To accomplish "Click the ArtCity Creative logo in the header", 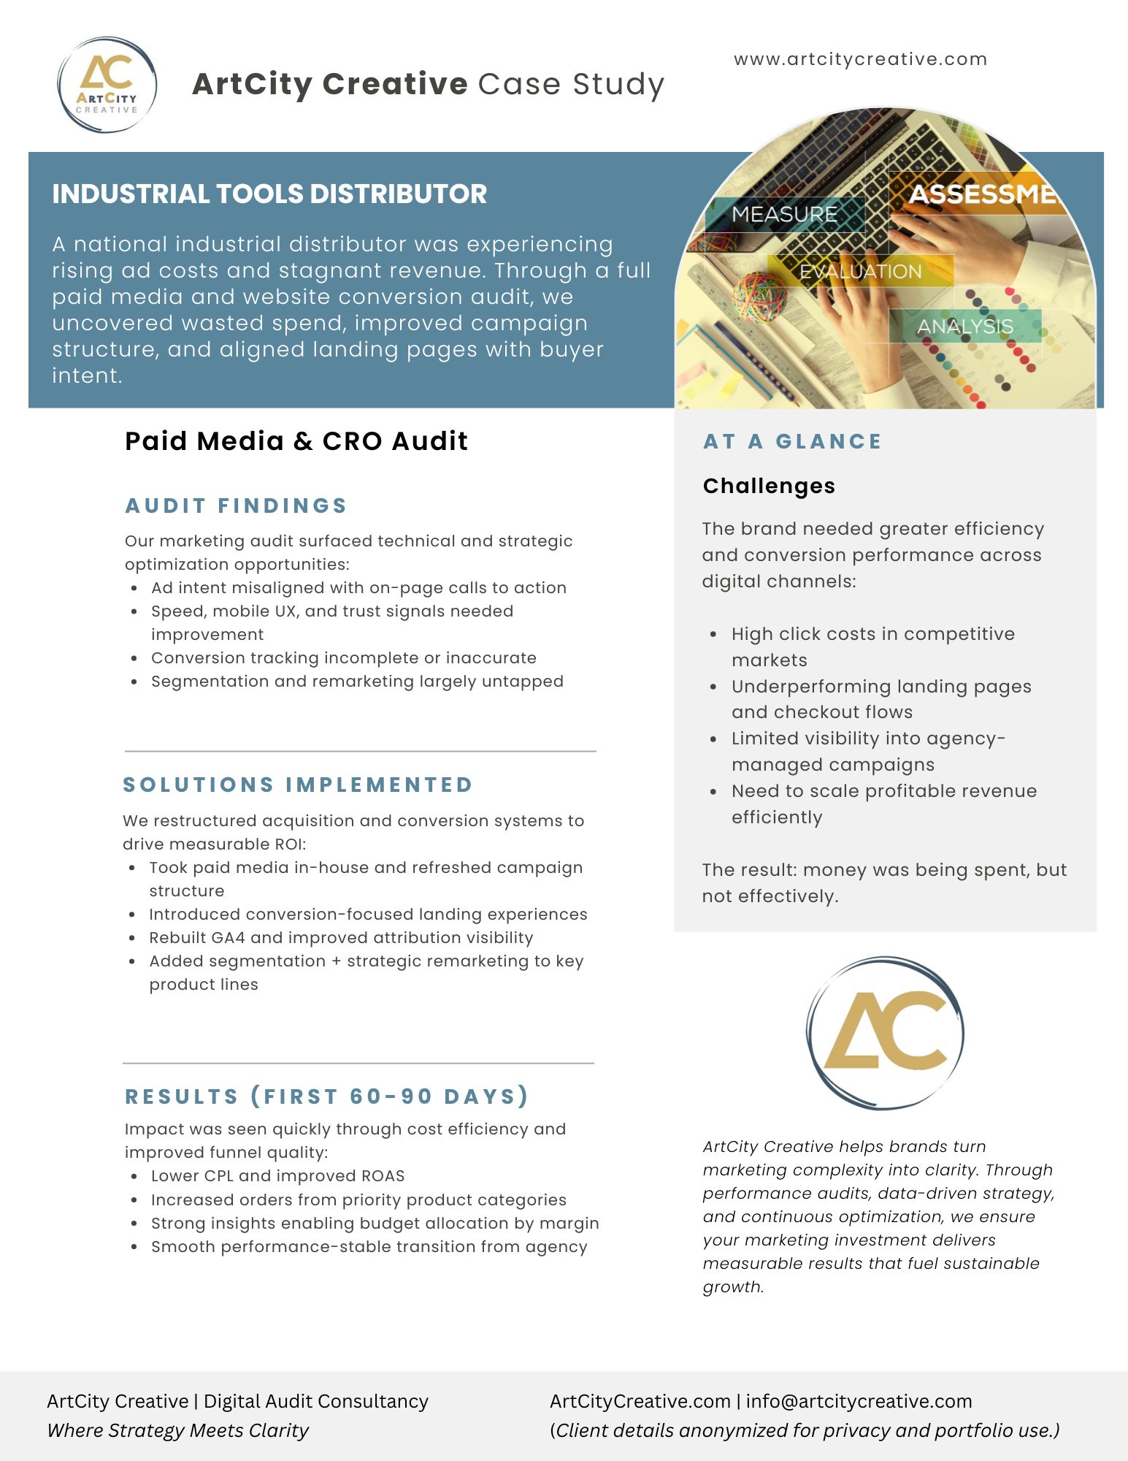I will [x=107, y=85].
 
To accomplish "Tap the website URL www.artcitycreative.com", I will [x=860, y=59].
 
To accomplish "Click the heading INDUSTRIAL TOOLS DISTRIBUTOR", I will [x=269, y=194].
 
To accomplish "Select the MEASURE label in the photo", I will [x=784, y=214].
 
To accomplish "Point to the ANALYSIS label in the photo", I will [x=964, y=326].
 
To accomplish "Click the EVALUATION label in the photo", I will [x=860, y=271].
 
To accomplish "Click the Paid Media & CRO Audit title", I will [x=296, y=441].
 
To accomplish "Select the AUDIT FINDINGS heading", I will [x=236, y=506].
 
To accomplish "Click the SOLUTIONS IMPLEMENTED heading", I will [x=298, y=785].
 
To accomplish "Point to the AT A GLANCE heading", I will [x=792, y=441].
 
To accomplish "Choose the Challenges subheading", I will [x=769, y=486].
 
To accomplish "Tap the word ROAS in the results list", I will [x=383, y=1175].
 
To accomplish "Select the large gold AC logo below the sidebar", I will [x=885, y=1032].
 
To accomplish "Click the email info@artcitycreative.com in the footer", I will [x=859, y=1401].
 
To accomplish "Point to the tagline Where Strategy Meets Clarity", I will [x=178, y=1430].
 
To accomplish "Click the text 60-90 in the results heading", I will [x=391, y=1096].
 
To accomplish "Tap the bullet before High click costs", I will [x=713, y=634].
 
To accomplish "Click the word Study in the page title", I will [x=618, y=84].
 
